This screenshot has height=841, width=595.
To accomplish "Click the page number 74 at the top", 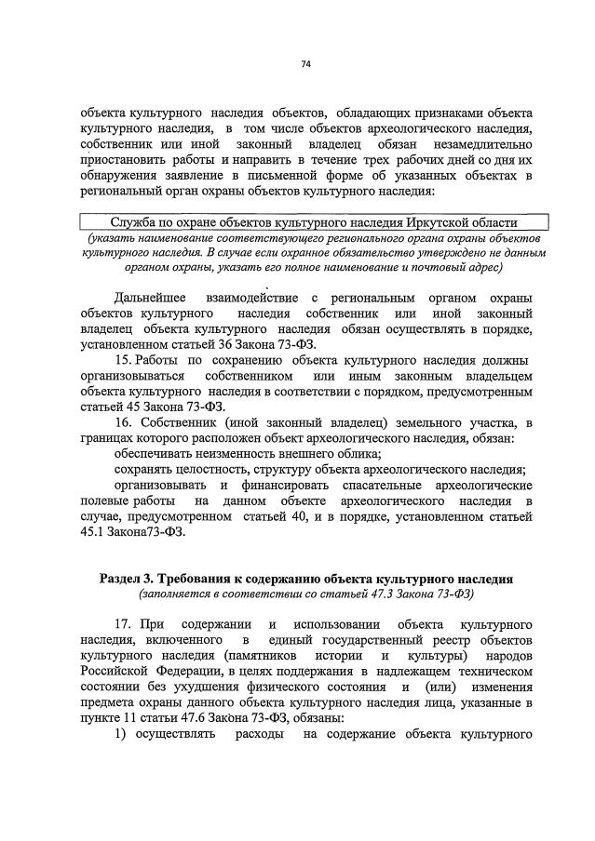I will (305, 64).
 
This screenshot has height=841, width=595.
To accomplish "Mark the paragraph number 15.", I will (123, 359).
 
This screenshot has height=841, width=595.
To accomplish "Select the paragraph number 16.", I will (123, 421).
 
